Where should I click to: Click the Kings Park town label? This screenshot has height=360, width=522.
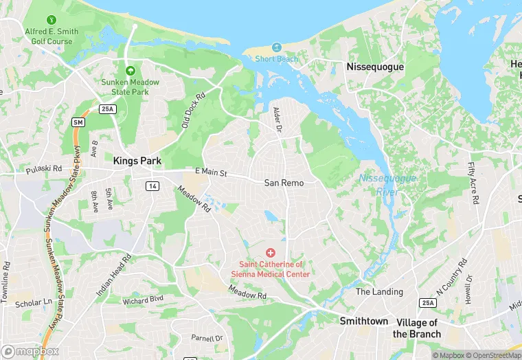pos(137,161)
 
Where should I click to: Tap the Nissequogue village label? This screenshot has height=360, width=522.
pos(375,67)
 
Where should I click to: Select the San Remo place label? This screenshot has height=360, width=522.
pos(284,183)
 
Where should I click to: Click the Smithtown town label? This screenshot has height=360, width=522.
pos(364,321)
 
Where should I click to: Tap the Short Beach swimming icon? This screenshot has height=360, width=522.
pos(277,47)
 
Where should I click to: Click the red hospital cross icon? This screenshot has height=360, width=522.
pos(270,253)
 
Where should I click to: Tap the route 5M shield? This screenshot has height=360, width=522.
pos(78,122)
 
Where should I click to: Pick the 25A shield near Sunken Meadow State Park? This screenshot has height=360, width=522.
pos(107,109)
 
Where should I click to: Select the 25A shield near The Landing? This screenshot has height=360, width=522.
pos(429,303)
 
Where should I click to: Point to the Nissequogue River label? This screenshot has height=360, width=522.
pos(378,185)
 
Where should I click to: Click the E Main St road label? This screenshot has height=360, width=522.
pos(211,172)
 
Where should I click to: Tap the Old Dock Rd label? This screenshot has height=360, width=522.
pos(194,111)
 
